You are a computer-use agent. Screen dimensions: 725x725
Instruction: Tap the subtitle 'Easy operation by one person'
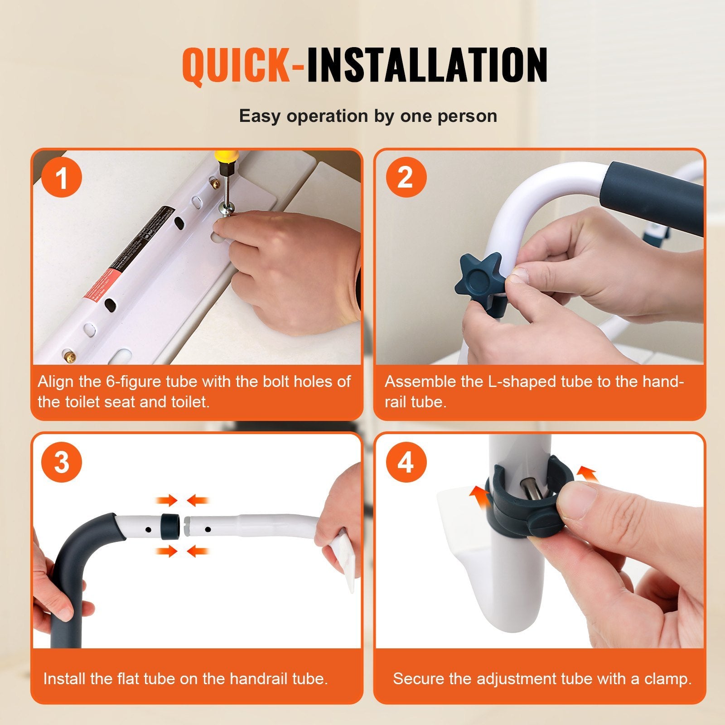368,116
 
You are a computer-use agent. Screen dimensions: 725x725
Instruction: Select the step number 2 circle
406,177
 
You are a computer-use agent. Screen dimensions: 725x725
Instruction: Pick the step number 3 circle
62,462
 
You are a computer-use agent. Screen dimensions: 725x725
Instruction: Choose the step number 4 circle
406,462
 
